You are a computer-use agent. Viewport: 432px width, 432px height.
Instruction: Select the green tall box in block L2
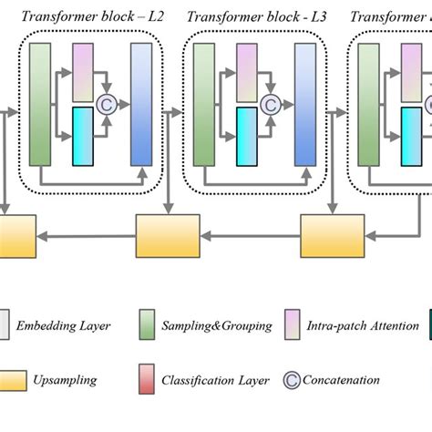[x=39, y=104]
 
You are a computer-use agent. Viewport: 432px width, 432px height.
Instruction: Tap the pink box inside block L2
[x=83, y=72]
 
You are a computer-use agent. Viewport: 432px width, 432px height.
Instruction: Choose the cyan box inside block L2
[x=83, y=136]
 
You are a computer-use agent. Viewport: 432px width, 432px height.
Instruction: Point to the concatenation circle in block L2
[x=107, y=104]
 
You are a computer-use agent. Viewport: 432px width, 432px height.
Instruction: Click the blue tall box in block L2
[x=141, y=104]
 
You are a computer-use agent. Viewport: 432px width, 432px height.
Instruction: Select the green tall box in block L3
[x=202, y=104]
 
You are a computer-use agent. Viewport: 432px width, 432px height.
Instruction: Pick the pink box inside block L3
[x=246, y=72]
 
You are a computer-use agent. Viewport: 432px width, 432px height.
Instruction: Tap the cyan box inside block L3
[x=246, y=136]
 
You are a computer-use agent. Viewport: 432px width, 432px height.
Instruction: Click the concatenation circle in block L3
[x=270, y=104]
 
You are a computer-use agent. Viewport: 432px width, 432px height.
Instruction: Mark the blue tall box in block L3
[x=304, y=104]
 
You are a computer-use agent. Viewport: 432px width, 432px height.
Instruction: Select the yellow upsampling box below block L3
[x=330, y=236]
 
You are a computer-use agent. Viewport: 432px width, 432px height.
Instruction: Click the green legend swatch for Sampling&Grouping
[x=146, y=325]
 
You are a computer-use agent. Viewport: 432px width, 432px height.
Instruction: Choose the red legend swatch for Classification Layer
[x=146, y=380]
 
